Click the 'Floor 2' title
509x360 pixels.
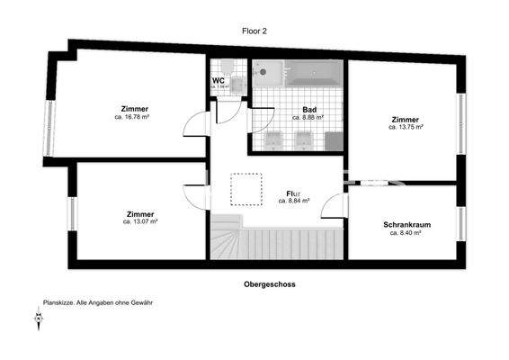coord(254,31)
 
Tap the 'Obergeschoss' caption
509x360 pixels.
coord(270,283)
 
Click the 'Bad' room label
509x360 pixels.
coord(308,110)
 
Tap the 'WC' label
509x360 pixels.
coord(218,81)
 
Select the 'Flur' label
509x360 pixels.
coord(292,193)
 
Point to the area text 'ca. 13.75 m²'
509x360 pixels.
coord(406,127)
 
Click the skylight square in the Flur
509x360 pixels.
coord(241,191)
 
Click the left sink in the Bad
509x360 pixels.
coord(274,139)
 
